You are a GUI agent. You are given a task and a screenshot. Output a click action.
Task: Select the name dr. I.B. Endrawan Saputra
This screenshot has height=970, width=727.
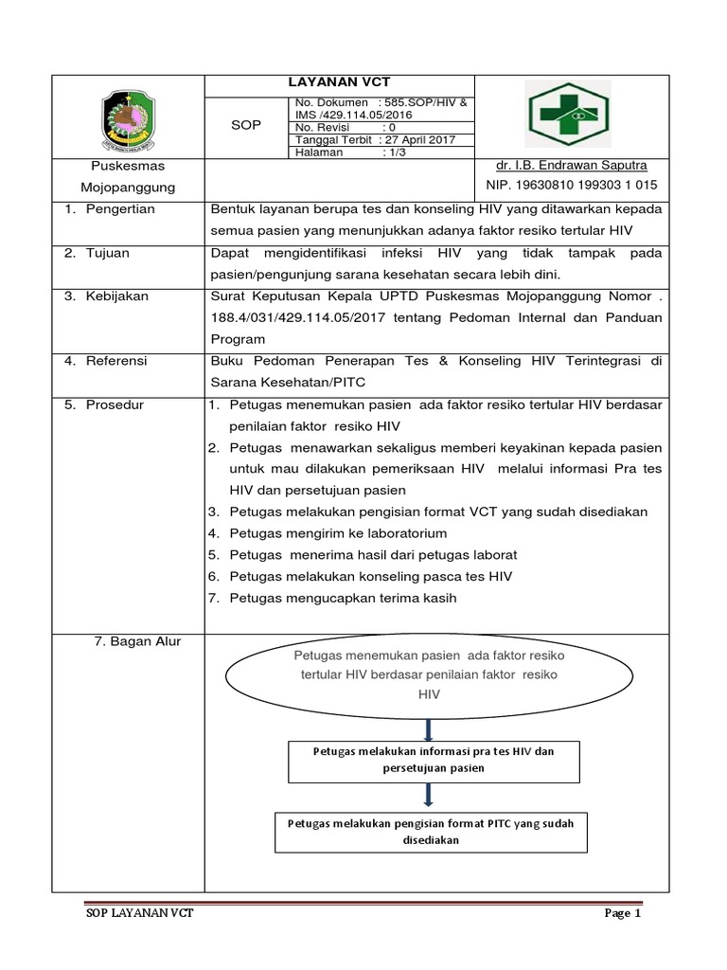point(566,165)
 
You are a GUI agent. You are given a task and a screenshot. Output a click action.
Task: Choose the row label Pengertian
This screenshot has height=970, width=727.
point(121,209)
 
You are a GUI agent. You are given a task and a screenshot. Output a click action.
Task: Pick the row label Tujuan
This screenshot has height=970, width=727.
point(110,254)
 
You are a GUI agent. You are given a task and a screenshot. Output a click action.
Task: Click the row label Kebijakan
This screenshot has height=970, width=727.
point(117,296)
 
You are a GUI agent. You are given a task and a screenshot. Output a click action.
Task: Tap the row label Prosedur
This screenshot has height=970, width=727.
point(115,404)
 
